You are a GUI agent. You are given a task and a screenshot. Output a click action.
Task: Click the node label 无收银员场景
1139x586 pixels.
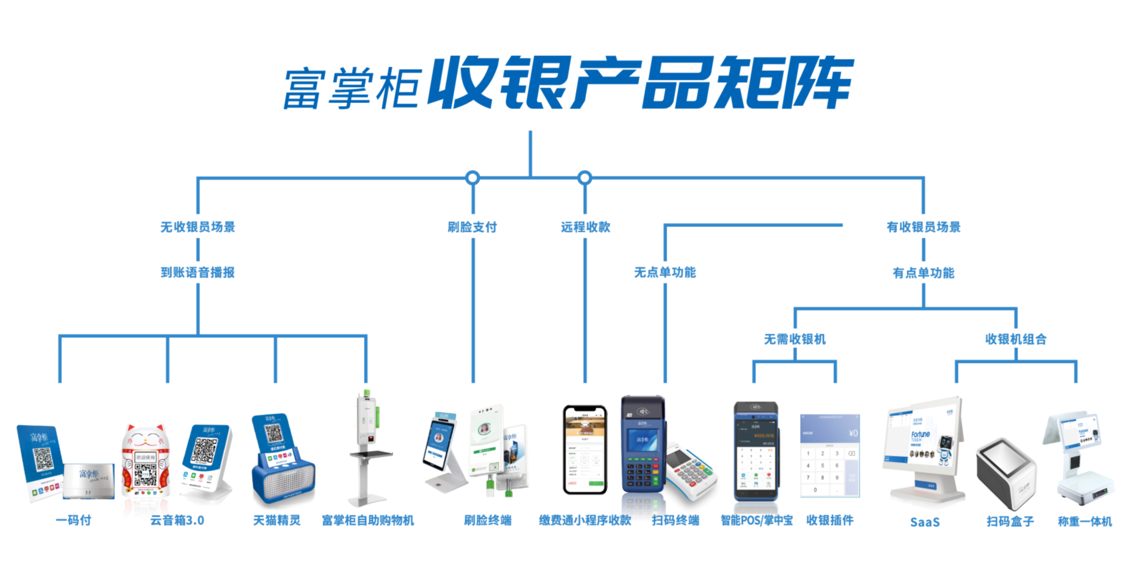pyautogui.click(x=198, y=227)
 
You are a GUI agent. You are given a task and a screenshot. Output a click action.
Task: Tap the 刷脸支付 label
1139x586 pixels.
pyautogui.click(x=472, y=227)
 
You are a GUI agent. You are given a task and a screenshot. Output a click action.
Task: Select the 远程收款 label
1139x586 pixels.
pyautogui.click(x=585, y=227)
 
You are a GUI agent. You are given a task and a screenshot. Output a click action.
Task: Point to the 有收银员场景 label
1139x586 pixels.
pyautogui.click(x=923, y=227)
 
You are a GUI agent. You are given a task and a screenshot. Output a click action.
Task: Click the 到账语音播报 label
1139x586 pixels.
pyautogui.click(x=198, y=273)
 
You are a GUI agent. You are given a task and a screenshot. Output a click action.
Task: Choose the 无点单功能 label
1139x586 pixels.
pyautogui.click(x=665, y=273)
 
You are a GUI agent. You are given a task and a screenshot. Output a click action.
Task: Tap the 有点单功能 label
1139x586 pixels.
pyautogui.click(x=923, y=273)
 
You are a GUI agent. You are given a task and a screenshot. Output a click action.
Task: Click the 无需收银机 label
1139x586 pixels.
pyautogui.click(x=795, y=339)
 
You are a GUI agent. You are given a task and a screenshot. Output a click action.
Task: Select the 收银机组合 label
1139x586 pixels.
pyautogui.click(x=1016, y=339)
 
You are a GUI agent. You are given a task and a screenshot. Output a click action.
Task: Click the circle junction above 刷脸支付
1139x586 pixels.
pyautogui.click(x=472, y=178)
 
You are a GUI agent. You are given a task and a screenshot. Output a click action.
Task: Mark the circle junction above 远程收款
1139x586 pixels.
pyautogui.click(x=585, y=178)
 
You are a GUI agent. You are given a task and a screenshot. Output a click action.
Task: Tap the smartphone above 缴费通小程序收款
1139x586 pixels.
pyautogui.click(x=585, y=449)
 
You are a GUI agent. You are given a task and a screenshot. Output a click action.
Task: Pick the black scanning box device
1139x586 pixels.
pyautogui.click(x=1007, y=472)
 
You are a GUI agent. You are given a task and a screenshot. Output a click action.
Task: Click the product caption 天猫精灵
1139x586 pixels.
pyautogui.click(x=277, y=520)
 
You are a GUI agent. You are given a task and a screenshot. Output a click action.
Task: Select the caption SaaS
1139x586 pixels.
pyautogui.click(x=925, y=522)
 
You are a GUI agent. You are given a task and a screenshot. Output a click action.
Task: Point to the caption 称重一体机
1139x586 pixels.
pyautogui.click(x=1085, y=521)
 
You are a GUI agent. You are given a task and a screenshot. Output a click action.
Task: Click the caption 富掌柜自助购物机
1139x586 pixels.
pyautogui.click(x=368, y=520)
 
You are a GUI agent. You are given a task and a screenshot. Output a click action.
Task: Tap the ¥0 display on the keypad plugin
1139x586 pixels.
pyautogui.click(x=853, y=433)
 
